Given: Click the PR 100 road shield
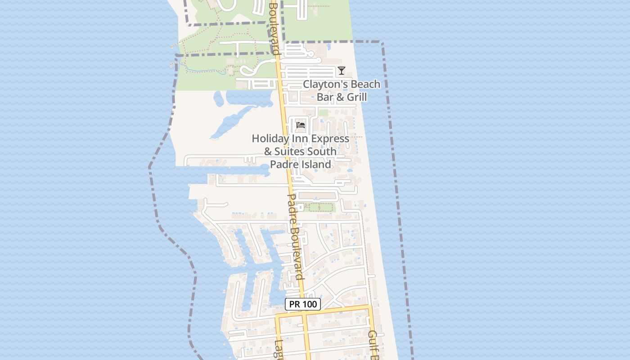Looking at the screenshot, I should [x=303, y=304].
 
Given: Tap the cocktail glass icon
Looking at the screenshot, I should [x=342, y=71].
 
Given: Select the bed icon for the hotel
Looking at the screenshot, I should [x=301, y=125].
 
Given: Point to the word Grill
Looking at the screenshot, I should [x=354, y=97].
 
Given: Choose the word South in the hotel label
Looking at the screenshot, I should [x=321, y=152].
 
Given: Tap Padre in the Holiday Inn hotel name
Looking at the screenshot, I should [x=283, y=165].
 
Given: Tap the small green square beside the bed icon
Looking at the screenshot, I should [x=324, y=112].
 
